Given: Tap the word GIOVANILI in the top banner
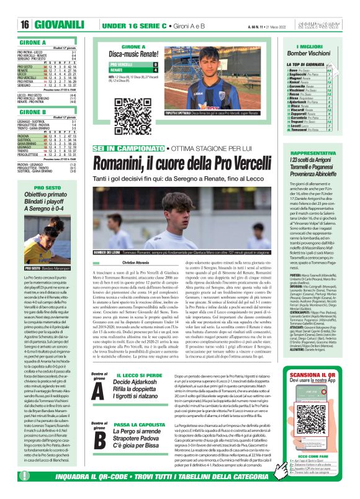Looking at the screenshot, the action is point(60,24).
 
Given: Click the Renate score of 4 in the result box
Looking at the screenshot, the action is point(155,70).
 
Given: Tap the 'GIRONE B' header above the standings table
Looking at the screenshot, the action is point(25,112).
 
